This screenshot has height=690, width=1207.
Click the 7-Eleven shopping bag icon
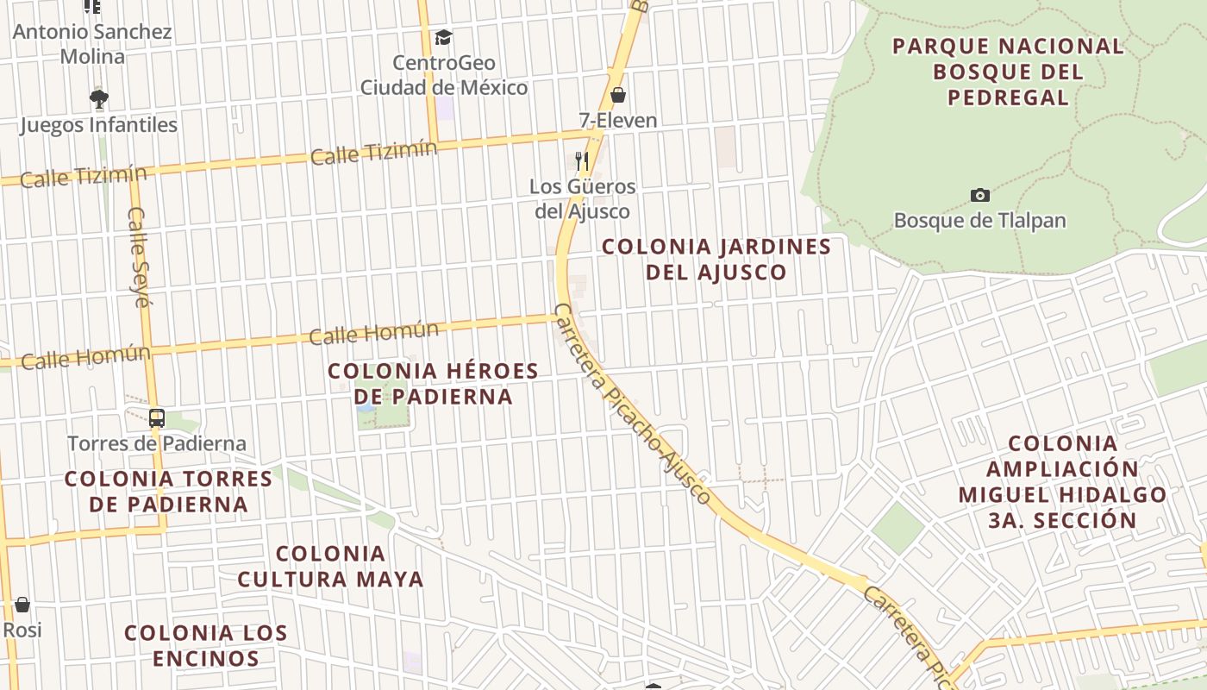point(617,95)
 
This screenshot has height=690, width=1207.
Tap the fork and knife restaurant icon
point(582,160)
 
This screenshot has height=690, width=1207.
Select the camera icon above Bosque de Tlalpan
point(979,195)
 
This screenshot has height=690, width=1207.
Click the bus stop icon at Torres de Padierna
point(156,418)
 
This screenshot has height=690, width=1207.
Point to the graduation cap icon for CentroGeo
point(443,37)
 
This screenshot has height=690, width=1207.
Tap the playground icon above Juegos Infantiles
point(99,98)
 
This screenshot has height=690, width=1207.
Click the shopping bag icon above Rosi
point(22,605)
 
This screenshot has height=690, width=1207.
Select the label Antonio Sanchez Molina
point(92,44)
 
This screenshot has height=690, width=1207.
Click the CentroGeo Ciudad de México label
point(444,75)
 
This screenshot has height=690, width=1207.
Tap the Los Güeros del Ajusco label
point(583,198)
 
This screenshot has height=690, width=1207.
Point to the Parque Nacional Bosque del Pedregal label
point(1008,72)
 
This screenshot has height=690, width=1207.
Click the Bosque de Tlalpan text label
point(979,220)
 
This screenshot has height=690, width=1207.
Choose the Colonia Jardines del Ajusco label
point(716,260)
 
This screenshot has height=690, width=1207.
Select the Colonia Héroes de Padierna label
point(433,384)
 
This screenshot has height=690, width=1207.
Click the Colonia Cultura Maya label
point(330,566)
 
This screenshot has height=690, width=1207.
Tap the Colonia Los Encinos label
point(205,645)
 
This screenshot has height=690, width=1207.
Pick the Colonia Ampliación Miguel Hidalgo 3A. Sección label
point(1062,482)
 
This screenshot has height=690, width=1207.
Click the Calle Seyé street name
point(140,256)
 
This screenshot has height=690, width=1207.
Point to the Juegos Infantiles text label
point(98,125)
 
